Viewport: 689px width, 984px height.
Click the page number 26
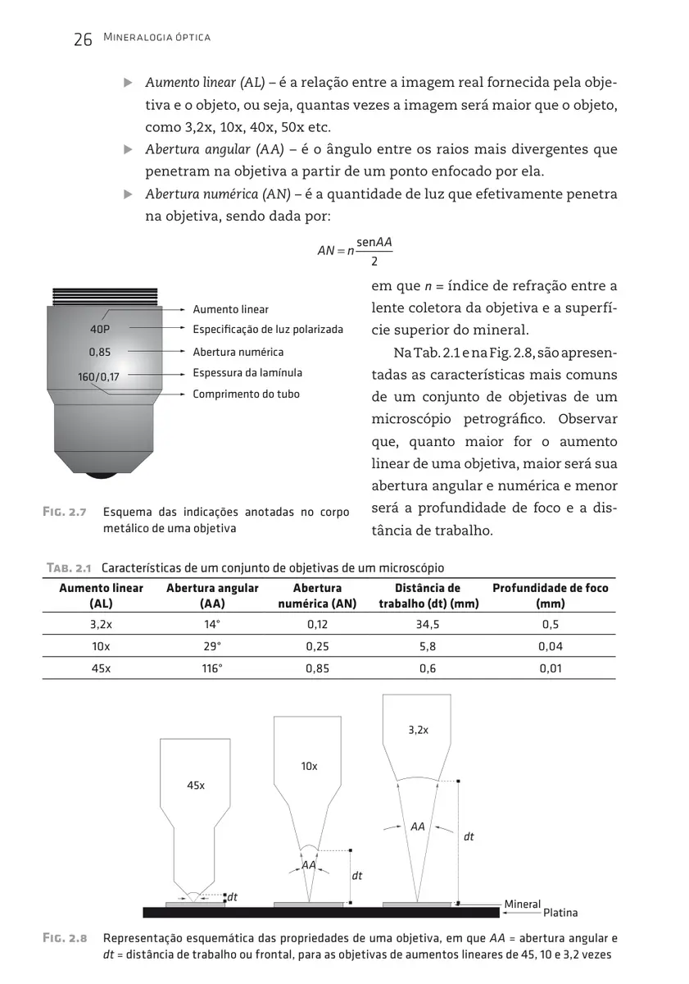point(82,39)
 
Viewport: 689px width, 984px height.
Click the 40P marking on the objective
point(99,330)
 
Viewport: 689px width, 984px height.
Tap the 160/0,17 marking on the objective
point(99,377)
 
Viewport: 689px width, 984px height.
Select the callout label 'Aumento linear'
point(230,309)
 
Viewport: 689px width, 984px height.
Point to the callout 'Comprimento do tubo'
point(246,394)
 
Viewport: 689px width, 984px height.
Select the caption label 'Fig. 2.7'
point(65,512)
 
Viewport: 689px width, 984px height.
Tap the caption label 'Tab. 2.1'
point(66,567)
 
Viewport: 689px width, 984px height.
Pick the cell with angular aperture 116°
point(212,668)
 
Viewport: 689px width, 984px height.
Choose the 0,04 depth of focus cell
point(550,646)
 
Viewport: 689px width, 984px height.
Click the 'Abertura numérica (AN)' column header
point(317,595)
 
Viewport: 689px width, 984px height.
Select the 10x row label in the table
point(101,646)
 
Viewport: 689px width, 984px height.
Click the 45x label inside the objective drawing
point(195,786)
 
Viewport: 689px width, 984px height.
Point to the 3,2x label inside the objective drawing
point(418,729)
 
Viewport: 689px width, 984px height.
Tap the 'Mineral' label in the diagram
point(522,904)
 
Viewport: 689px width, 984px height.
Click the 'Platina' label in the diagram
point(560,913)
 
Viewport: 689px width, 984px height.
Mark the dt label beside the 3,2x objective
point(469,837)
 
